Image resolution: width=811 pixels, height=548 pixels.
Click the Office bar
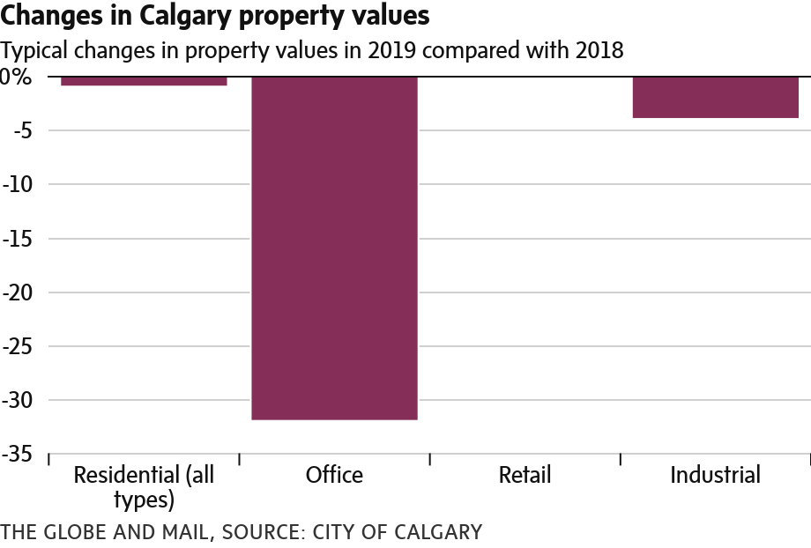[334, 248]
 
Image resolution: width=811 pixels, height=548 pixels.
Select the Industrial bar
[715, 97]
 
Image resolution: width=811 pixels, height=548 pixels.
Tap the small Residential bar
[144, 81]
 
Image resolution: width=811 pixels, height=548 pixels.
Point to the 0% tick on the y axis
[16, 78]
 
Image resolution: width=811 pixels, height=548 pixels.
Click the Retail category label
[525, 476]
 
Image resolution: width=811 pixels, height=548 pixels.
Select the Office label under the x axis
[334, 476]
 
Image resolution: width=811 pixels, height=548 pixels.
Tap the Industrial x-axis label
[715, 476]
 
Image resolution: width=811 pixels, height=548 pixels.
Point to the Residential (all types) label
[144, 487]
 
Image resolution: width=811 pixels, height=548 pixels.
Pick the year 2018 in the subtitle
[597, 50]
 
